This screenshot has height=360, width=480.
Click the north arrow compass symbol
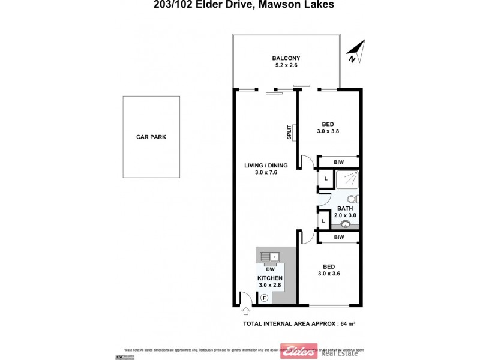[x=355, y=52]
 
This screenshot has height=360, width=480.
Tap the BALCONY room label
[x=286, y=58]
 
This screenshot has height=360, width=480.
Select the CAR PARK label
[x=151, y=137]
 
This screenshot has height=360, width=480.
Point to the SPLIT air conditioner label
[x=289, y=133]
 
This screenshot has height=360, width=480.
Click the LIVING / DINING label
[x=266, y=166]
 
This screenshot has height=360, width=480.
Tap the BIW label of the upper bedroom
[x=338, y=161]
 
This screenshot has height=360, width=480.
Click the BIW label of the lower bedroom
[x=338, y=238]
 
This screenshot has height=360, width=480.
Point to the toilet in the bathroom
[x=353, y=199]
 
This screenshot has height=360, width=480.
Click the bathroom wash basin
[x=346, y=224]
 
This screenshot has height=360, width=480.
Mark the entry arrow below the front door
[x=245, y=311]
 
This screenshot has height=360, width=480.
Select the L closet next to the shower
[x=325, y=179]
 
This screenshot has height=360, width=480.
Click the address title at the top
[x=240, y=5]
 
